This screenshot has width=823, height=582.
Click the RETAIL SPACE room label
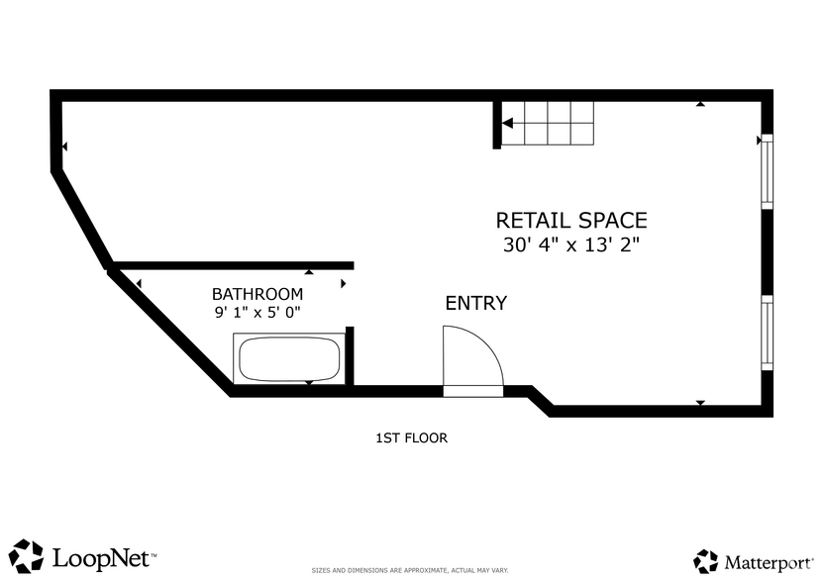click(570, 220)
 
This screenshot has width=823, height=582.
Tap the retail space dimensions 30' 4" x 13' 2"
click(570, 245)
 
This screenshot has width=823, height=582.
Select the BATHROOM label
click(257, 294)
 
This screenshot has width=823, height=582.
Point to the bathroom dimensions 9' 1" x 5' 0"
click(257, 313)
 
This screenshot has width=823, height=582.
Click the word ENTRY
click(475, 304)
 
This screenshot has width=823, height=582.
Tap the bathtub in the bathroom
click(288, 359)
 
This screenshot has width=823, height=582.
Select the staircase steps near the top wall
click(547, 123)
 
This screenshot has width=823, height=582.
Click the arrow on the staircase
click(507, 124)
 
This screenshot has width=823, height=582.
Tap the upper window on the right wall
click(766, 172)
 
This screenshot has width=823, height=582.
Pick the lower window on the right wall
click(766, 332)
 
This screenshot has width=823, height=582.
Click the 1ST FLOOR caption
click(411, 437)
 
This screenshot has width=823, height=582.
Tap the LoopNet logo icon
click(27, 556)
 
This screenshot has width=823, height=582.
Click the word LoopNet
click(102, 557)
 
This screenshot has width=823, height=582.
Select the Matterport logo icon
click(705, 561)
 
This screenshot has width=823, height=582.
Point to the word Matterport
click(766, 562)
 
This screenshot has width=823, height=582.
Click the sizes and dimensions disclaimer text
click(410, 570)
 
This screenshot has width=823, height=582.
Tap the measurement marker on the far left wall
click(64, 146)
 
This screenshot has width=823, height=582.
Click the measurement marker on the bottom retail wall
click(701, 403)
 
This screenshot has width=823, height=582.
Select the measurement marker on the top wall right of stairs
click(701, 103)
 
